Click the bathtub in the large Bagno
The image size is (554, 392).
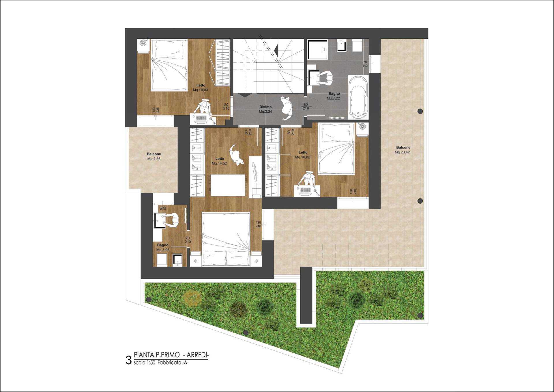click(x=358, y=98)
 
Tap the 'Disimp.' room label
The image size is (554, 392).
click(x=266, y=107)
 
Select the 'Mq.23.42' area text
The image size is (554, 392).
click(x=402, y=152)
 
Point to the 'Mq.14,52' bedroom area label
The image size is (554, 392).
click(x=219, y=163)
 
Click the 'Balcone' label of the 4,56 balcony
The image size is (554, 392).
click(x=154, y=154)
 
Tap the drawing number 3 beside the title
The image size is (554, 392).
click(x=129, y=361)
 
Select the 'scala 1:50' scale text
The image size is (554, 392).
click(x=145, y=363)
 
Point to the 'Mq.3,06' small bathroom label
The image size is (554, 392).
click(x=163, y=250)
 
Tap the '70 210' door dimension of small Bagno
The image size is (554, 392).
click(x=188, y=240)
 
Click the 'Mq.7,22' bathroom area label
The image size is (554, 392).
click(x=333, y=98)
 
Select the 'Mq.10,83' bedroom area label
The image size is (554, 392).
click(x=200, y=90)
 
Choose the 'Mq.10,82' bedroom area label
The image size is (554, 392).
click(x=302, y=157)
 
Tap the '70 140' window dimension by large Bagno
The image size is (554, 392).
click(x=365, y=64)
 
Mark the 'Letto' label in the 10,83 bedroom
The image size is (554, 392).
click(x=201, y=85)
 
